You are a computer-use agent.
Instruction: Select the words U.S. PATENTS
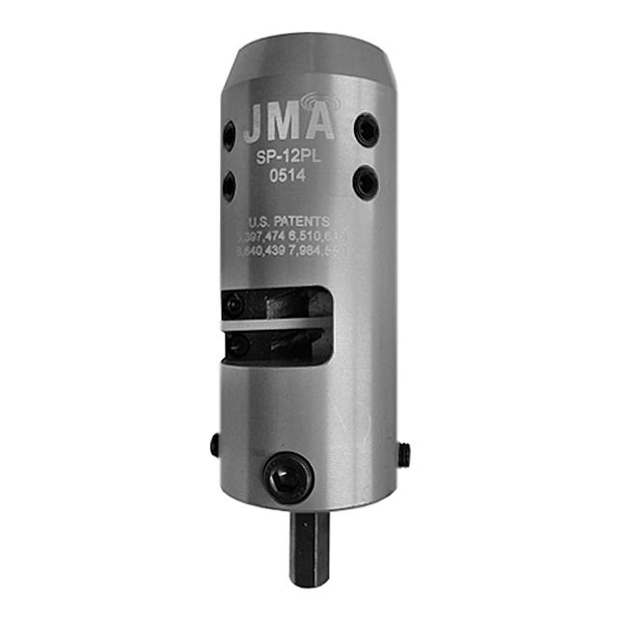[288, 221]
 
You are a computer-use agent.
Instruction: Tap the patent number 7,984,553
[323, 251]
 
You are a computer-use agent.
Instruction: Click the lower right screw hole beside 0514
[365, 181]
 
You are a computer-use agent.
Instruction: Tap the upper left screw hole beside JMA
[229, 135]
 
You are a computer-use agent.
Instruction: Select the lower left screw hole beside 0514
[230, 184]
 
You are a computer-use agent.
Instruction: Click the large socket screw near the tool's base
[290, 477]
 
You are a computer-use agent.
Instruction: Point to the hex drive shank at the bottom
[309, 549]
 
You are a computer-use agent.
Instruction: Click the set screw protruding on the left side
[215, 445]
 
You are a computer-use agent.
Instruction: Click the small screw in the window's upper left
[233, 305]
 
